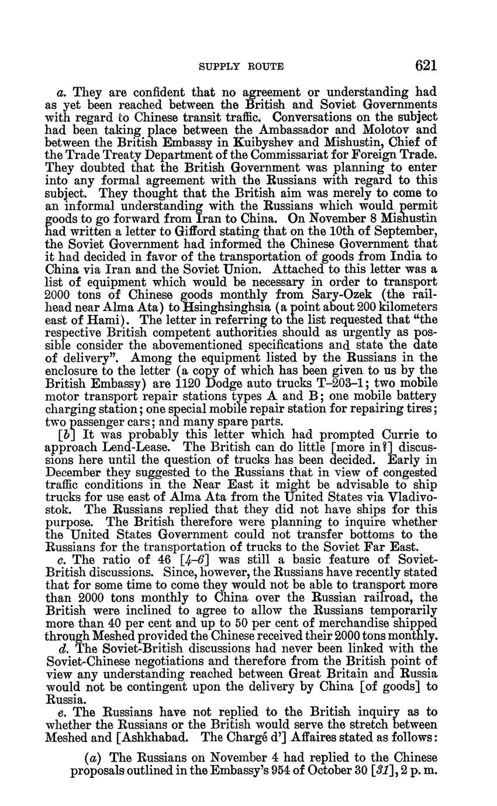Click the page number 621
(424, 65)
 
